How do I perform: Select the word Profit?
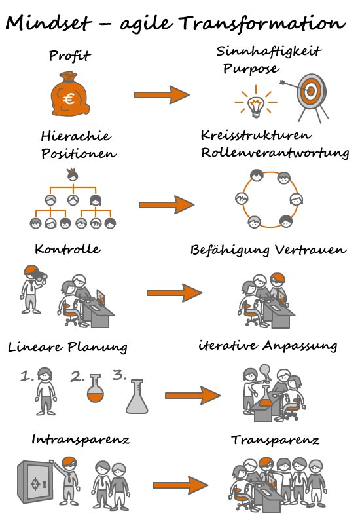tap(69, 56)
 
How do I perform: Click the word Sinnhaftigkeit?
tap(269, 52)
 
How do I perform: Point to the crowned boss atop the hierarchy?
tap(73, 175)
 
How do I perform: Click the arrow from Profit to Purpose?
tap(162, 95)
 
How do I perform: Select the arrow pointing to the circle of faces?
tap(166, 204)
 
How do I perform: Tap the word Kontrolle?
tap(68, 249)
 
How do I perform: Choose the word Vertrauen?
tap(311, 250)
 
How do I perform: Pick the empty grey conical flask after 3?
tap(137, 397)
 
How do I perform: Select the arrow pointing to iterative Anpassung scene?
tap(192, 396)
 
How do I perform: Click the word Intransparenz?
tap(81, 440)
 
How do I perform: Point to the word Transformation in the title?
tap(262, 24)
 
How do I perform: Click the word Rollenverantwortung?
tap(275, 153)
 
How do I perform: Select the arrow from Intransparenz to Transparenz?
tap(181, 485)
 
